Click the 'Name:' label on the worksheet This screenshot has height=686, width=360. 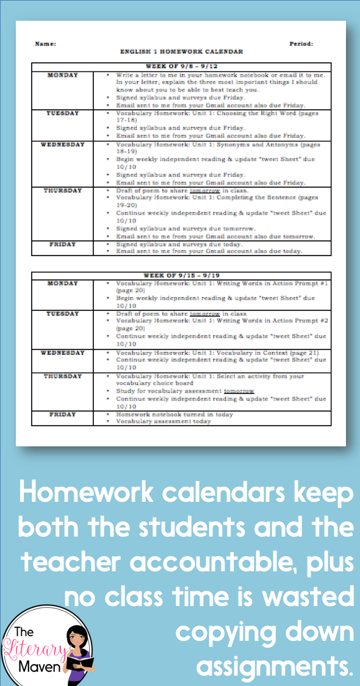[46, 44]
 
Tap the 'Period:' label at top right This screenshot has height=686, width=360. [301, 44]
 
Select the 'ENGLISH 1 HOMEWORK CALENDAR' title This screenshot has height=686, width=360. [181, 52]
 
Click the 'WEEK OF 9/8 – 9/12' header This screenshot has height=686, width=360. [181, 66]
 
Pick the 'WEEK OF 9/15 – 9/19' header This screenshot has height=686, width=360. [181, 276]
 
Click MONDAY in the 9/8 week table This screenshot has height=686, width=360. [63, 75]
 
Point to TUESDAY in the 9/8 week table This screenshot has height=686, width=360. [63, 113]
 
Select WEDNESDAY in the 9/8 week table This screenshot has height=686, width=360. [63, 145]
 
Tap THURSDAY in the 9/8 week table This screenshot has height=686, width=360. [63, 190]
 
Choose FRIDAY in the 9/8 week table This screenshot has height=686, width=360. [63, 244]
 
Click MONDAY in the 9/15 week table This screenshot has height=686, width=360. [63, 284]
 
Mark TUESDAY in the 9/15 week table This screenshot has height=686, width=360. [63, 313]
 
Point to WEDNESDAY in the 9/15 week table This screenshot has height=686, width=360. [63, 352]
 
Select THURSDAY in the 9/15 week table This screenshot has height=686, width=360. [63, 376]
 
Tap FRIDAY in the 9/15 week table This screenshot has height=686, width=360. [63, 414]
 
